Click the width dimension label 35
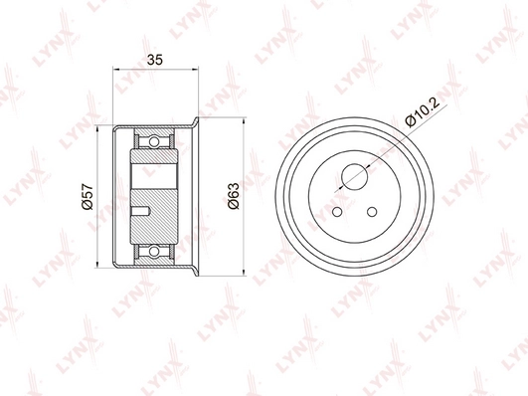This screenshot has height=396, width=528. point(155,60)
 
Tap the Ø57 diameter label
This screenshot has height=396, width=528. point(88,196)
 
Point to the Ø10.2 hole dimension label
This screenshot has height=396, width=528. point(424,112)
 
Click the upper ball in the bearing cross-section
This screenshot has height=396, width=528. point(154,141)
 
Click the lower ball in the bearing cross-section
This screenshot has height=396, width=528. point(154,252)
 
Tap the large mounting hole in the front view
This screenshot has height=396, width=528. point(354,176)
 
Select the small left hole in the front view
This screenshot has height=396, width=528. point(337,212)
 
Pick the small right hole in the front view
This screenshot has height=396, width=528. point(372,212)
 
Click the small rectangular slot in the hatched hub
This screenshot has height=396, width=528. point(140,210)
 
